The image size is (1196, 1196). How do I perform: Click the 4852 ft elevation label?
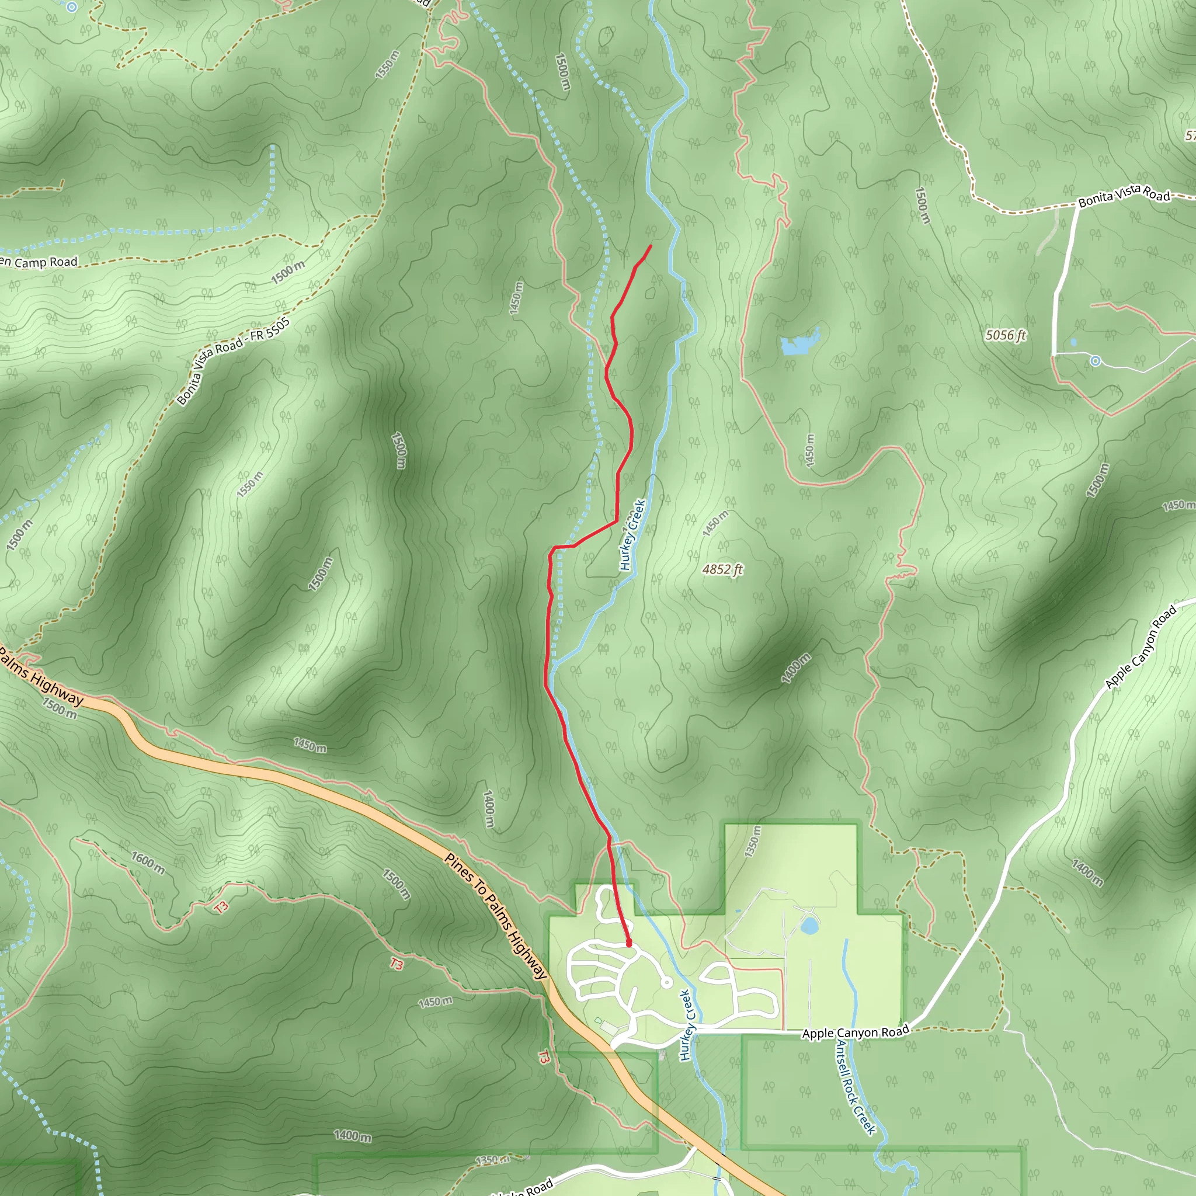click(722, 569)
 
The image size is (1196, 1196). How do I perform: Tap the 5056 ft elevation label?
click(1006, 335)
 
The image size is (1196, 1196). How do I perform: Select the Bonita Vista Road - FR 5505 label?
click(234, 361)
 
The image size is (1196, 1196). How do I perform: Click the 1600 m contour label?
click(148, 863)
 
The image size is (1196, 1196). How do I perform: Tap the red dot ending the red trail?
click(629, 944)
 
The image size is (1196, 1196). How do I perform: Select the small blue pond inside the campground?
click(808, 926)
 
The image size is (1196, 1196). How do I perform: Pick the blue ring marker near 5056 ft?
click(1096, 360)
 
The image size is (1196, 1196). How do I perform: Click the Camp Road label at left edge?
click(40, 262)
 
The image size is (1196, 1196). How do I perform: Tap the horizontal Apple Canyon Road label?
click(856, 1032)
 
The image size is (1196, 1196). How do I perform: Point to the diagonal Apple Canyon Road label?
click(1141, 648)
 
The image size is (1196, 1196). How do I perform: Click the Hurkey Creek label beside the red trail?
click(632, 535)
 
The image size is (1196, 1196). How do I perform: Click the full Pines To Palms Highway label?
click(496, 916)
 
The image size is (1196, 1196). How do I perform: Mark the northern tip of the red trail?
click(651, 246)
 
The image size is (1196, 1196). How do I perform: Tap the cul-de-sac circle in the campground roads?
click(667, 982)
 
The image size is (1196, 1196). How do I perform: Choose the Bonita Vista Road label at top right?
click(1124, 197)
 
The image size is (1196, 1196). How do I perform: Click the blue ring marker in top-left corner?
click(72, 8)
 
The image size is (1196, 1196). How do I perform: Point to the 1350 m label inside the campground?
click(752, 842)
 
